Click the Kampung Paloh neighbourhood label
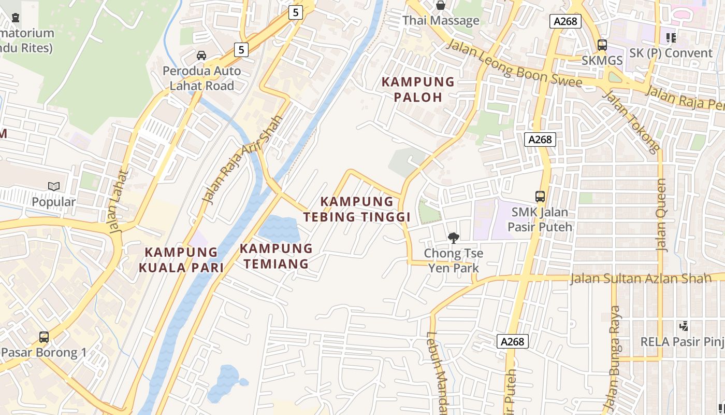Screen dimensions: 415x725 point(418,89)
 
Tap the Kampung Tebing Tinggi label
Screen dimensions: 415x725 point(357,209)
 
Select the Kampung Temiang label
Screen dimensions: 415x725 point(276,256)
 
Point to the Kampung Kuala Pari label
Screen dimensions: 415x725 point(181,259)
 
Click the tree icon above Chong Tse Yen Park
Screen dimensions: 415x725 point(454,238)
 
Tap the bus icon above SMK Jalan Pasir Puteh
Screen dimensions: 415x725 point(540,197)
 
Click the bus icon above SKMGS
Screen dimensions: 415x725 point(602,45)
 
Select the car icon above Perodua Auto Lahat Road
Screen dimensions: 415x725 point(201,56)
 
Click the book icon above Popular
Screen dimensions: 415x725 point(54,186)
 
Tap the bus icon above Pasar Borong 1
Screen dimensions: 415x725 point(44,337)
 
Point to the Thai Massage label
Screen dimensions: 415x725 point(441,21)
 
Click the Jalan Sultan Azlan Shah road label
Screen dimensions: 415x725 point(641,279)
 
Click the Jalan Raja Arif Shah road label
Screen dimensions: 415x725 point(242,159)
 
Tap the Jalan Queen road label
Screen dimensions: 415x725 point(661,215)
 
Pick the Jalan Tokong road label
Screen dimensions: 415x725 point(632,122)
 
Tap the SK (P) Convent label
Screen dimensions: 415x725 point(671,53)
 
